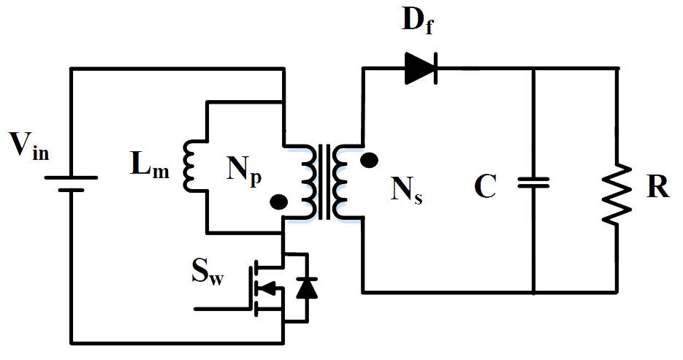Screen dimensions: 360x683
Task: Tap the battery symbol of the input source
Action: point(71,183)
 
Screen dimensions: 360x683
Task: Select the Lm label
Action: point(150,169)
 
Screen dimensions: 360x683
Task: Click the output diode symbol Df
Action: point(421,69)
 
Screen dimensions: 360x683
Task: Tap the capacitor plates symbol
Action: point(533,181)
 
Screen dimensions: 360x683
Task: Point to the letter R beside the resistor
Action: point(657,187)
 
